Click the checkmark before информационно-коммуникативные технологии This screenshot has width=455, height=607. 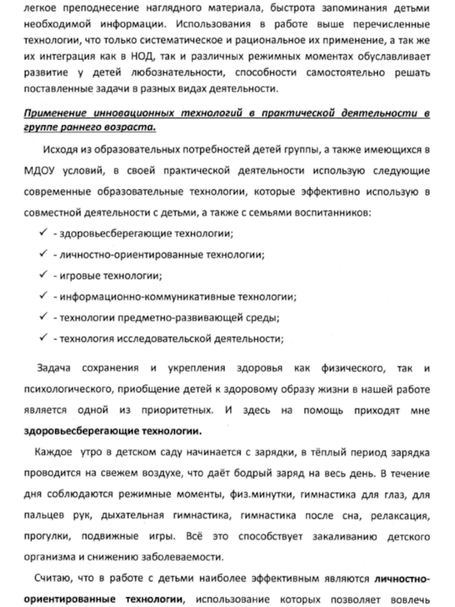point(43,296)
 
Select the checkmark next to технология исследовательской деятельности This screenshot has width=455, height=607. point(43,338)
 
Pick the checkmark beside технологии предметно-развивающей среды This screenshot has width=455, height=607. point(43,317)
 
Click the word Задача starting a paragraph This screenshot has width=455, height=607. point(55,368)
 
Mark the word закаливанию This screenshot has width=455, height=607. point(332,535)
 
